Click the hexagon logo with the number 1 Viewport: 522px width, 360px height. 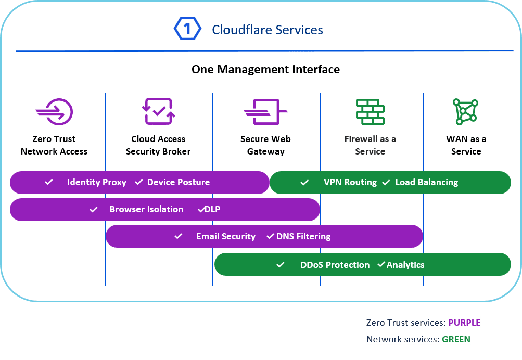(187, 29)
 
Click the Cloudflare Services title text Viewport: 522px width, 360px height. (268, 30)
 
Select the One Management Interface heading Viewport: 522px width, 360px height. (265, 69)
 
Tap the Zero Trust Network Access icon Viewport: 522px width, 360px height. (55, 111)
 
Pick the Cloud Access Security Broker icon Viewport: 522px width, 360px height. (159, 111)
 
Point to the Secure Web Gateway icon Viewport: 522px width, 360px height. (265, 111)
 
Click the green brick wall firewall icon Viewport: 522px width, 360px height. (370, 111)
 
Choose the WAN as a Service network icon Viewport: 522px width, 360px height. (465, 111)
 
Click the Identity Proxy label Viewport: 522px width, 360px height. (97, 183)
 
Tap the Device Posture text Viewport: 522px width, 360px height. (179, 183)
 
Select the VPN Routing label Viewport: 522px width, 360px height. (350, 183)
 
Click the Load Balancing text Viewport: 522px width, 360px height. (427, 183)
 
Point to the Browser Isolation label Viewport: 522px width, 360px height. (146, 210)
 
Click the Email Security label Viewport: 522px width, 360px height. (226, 237)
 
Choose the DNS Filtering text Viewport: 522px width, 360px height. (303, 237)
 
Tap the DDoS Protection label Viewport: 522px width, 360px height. (335, 265)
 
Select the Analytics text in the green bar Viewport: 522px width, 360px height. (405, 265)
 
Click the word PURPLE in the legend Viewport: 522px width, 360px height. (464, 323)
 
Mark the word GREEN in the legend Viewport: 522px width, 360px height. (456, 339)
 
